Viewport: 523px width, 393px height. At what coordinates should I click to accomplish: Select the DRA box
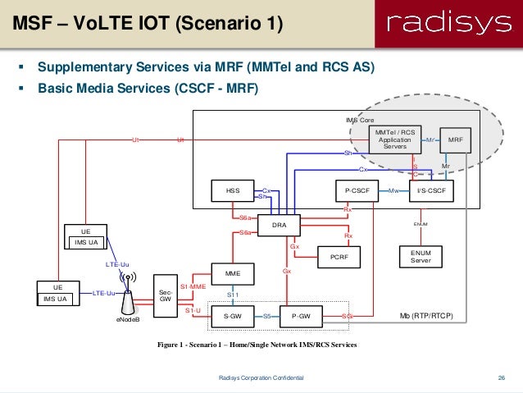tap(279, 223)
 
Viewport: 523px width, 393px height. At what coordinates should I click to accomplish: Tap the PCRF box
tap(339, 257)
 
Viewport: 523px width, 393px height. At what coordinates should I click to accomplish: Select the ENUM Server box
tap(421, 257)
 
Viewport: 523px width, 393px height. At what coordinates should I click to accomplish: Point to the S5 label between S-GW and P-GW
tap(267, 315)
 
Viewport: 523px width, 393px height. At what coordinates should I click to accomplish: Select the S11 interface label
tap(233, 294)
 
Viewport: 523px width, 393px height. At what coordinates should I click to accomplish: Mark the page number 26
tap(500, 377)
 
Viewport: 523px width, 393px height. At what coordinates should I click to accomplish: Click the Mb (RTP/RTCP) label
tap(426, 315)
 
